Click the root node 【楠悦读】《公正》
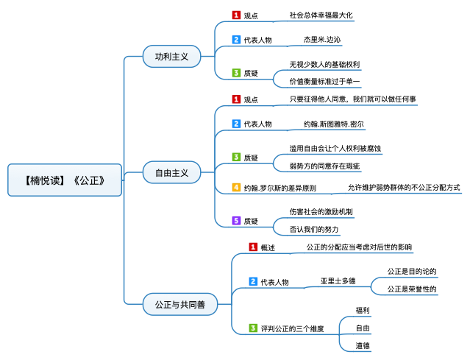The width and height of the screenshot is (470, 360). point(64,180)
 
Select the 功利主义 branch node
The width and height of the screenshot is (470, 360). point(171,56)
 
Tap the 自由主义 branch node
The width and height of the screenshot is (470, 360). point(171,174)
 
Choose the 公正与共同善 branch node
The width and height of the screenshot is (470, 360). point(174,303)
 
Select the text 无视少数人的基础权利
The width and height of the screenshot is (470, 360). point(324,64)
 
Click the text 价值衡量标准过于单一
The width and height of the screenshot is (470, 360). point(324,80)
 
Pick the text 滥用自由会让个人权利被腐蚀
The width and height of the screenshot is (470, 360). point(335,149)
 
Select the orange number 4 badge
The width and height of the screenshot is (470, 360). point(236,188)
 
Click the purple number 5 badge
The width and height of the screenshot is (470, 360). point(236,220)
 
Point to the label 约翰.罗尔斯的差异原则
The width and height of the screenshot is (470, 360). point(279,188)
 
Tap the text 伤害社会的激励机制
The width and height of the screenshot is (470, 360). point(321,212)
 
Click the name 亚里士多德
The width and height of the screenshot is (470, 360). point(338,281)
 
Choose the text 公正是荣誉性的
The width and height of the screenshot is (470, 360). point(412,289)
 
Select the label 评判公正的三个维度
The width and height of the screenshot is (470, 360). point(292,328)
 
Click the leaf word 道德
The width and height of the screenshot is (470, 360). point(363,345)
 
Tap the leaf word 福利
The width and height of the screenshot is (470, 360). point(363,311)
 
